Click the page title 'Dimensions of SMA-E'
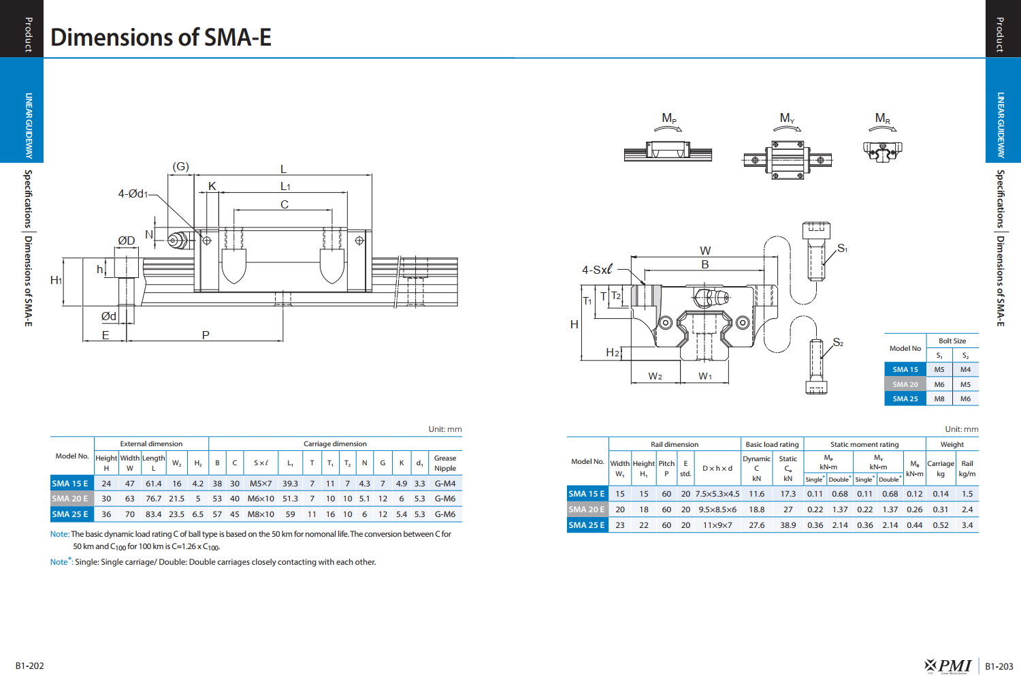[x=161, y=37]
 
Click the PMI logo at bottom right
[x=949, y=666]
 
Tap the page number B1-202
[x=30, y=666]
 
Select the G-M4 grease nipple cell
[x=445, y=484]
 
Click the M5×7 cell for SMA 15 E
[x=260, y=484]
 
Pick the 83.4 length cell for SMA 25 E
[x=154, y=514]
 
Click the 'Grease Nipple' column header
[x=445, y=463]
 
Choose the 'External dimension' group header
[x=151, y=443]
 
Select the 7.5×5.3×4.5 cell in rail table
[x=717, y=494]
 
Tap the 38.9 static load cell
[x=788, y=525]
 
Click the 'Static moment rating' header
[x=864, y=444]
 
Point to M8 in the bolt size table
[x=939, y=399]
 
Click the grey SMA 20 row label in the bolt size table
[x=905, y=384]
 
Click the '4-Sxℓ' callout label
[x=597, y=270]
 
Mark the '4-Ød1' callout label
[x=133, y=194]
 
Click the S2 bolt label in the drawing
[x=838, y=343]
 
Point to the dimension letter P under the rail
[x=206, y=335]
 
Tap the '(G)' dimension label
[x=180, y=166]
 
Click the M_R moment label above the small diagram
[x=882, y=119]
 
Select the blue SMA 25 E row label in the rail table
[x=587, y=525]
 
